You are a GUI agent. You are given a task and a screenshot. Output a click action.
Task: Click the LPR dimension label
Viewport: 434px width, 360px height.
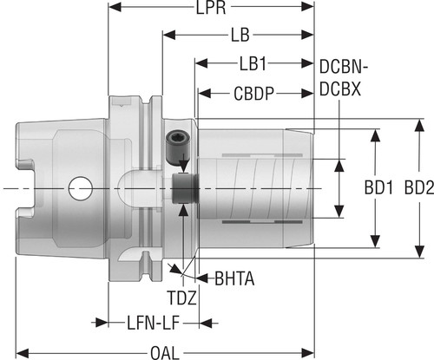click(211, 8)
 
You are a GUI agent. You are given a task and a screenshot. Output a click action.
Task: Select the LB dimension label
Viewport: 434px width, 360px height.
click(240, 35)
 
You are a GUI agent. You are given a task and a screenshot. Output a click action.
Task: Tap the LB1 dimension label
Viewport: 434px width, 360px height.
click(253, 63)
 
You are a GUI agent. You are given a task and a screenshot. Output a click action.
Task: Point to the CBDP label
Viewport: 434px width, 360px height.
click(253, 94)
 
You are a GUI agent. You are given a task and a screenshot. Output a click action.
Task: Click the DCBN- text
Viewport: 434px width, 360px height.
click(344, 67)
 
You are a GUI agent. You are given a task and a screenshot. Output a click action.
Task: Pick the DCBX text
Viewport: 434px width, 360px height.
click(340, 88)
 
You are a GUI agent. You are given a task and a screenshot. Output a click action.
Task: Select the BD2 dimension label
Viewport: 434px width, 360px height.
click(419, 187)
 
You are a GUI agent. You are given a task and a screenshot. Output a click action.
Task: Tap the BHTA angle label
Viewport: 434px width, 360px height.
click(234, 278)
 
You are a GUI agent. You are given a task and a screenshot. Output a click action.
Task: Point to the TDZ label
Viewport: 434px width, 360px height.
click(182, 298)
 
